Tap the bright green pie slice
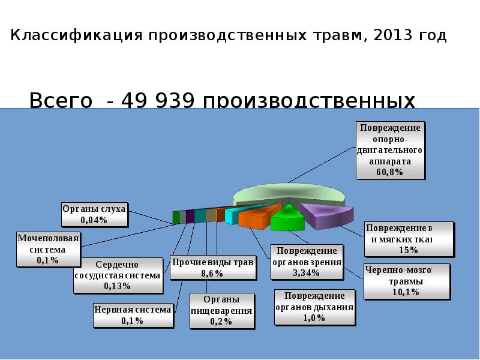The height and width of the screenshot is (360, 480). pos(287,218)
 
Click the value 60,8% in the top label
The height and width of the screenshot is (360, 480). pos(390,172)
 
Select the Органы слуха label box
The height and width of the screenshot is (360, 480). pos(94,214)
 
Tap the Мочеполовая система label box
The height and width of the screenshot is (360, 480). pos(47,248)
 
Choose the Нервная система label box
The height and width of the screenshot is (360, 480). pos(133,314)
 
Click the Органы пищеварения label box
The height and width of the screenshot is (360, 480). pos(221,310)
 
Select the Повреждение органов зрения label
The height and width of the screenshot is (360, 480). pos(306,262)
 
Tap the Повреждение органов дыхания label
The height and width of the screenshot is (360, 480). pos(314,307)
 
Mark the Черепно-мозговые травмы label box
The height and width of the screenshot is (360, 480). pos(406,281)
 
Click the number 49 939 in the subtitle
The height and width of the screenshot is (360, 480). pos(157,101)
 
